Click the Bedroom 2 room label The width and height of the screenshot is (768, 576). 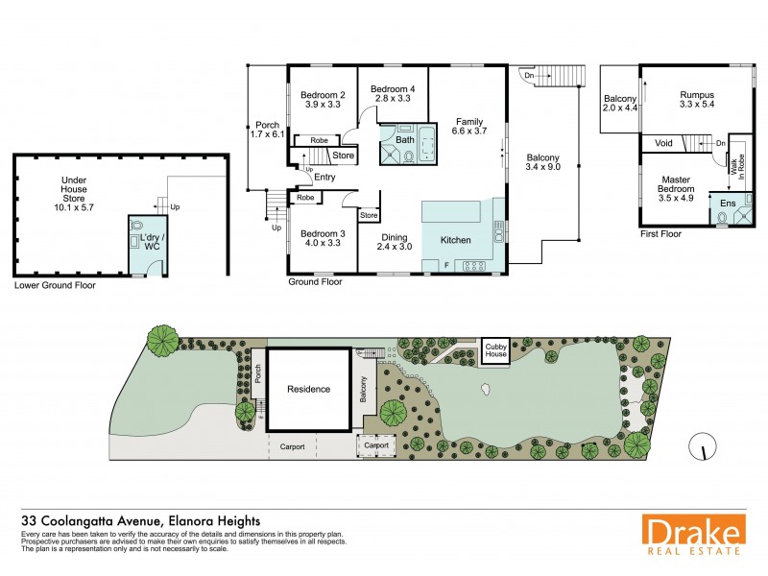[323, 95]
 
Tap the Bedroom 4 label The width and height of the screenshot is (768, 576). [391, 90]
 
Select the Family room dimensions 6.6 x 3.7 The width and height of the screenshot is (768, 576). [469, 132]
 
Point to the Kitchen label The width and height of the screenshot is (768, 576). [456, 239]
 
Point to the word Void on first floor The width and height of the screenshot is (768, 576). [662, 143]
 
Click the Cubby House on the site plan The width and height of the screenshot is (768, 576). [495, 349]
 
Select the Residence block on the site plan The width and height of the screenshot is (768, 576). [308, 389]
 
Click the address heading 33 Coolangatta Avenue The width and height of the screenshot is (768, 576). [138, 520]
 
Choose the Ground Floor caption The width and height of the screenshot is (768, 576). [316, 283]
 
